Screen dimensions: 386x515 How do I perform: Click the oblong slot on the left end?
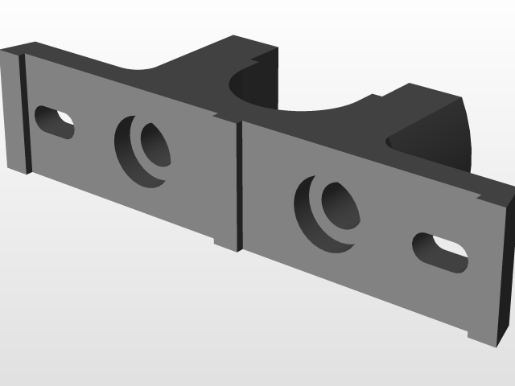click(x=55, y=122)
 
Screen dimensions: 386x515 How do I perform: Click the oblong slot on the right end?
click(x=440, y=253)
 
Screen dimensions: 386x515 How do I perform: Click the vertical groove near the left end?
click(x=23, y=113)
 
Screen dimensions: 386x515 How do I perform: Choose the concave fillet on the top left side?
click(x=145, y=71)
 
